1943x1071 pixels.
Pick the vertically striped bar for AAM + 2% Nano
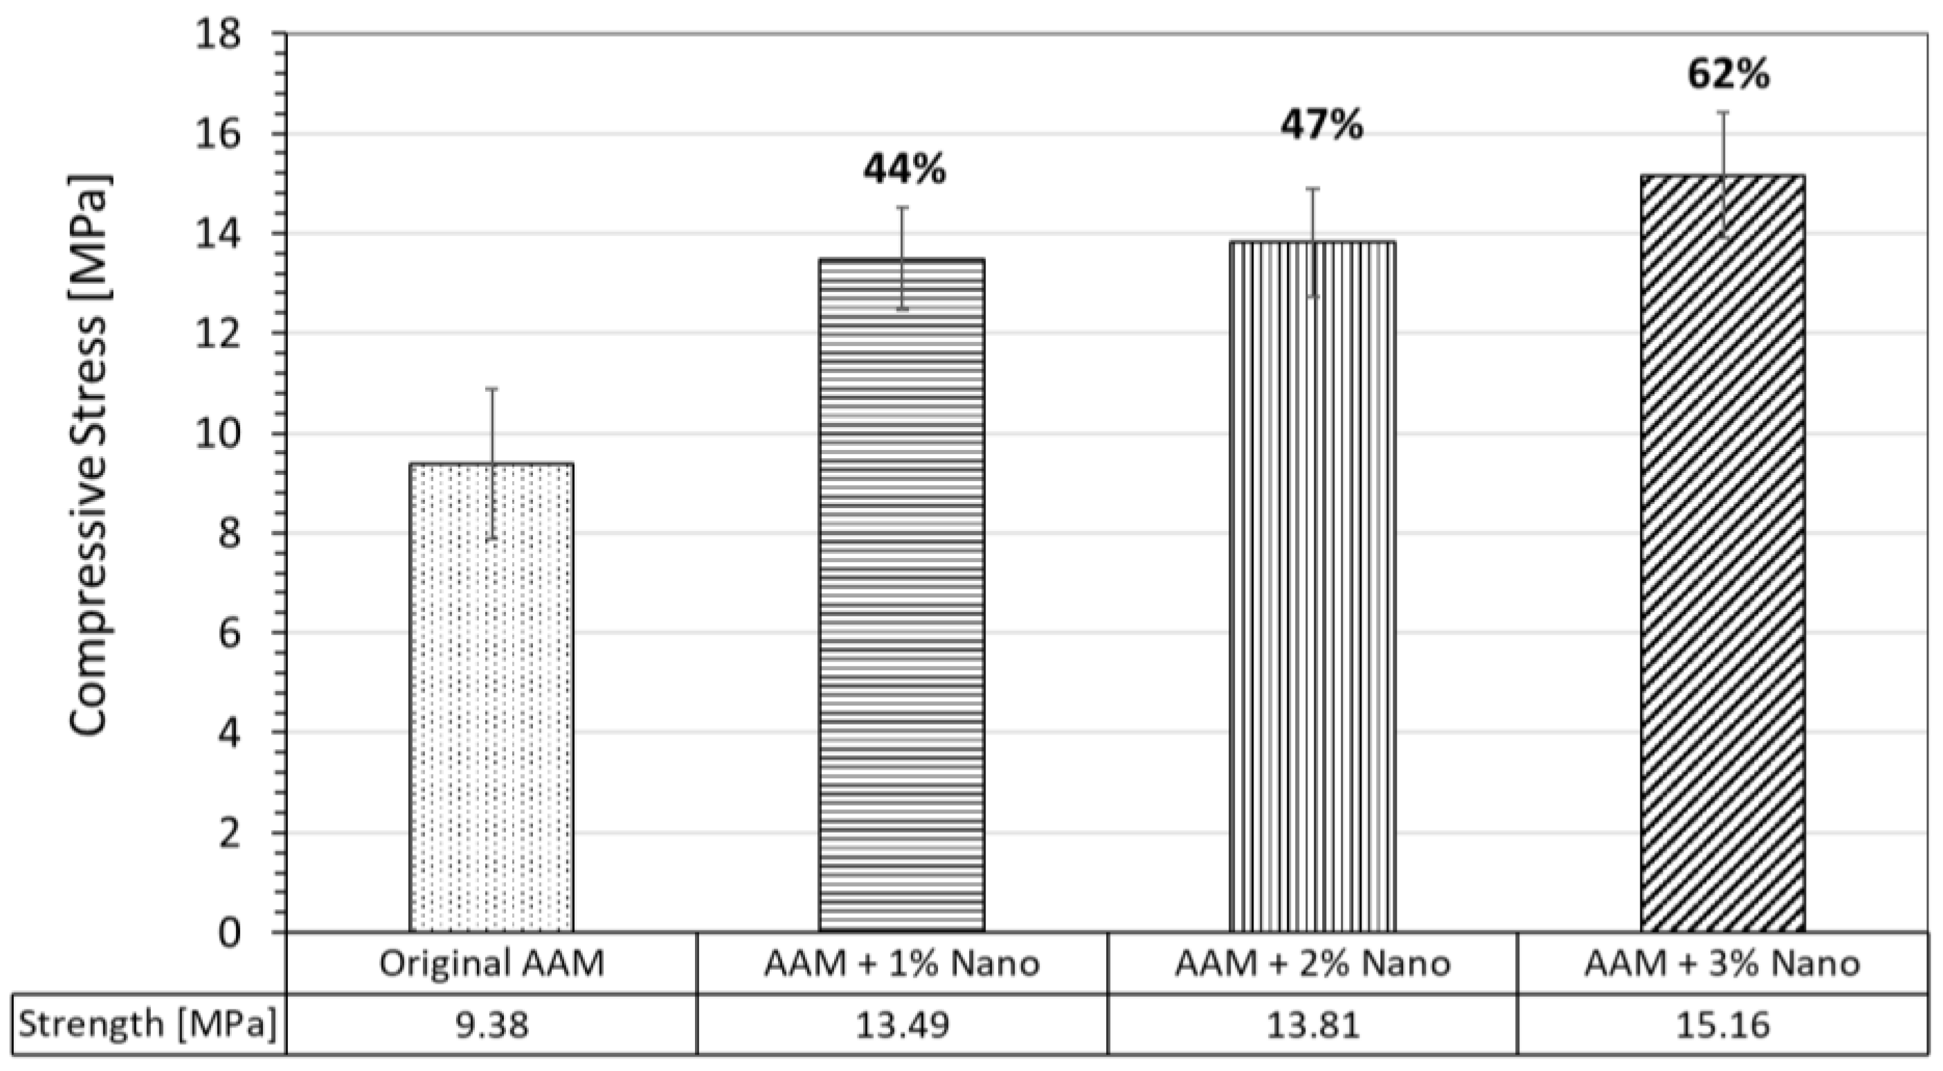(1312, 588)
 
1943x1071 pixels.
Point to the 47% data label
(1321, 126)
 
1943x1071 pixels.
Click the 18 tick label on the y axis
(218, 35)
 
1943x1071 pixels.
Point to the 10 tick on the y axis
(218, 433)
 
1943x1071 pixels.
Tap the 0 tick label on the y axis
(229, 934)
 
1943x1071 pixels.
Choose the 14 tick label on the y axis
(218, 235)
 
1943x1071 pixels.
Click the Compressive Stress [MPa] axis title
(91, 455)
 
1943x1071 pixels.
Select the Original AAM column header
(491, 964)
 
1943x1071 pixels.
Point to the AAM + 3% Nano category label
(1723, 964)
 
